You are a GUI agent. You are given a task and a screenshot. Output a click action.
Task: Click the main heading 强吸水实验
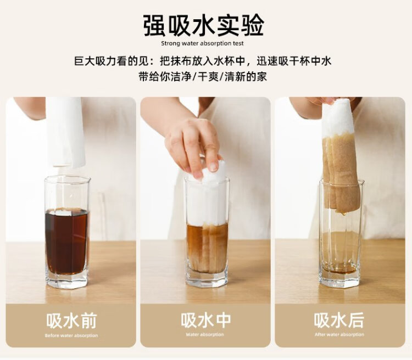coord(203,26)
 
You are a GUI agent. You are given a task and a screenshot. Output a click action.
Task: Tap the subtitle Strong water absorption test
coord(202,43)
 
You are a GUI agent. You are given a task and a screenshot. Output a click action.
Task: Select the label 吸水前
coord(71,320)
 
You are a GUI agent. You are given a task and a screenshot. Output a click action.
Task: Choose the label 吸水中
coord(205,320)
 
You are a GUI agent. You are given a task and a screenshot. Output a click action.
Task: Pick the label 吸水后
coord(339,320)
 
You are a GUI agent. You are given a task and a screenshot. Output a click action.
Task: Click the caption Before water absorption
coord(71,335)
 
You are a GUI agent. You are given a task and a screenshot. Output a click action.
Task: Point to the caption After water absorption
coord(339,335)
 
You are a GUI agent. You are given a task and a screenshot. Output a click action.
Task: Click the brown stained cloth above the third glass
coord(341,173)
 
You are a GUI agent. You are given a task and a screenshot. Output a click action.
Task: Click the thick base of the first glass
coord(66,280)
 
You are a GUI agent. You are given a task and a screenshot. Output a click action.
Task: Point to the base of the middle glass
coord(207,279)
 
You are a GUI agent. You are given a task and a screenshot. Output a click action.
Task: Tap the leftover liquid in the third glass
coord(339,269)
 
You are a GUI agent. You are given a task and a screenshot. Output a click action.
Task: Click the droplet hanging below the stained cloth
coord(343,213)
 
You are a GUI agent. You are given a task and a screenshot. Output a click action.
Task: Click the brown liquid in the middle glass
coord(207,248)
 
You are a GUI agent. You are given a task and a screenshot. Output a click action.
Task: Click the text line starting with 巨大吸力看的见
coord(203,61)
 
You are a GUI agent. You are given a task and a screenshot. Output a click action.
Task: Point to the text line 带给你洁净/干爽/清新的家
coord(203,77)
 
